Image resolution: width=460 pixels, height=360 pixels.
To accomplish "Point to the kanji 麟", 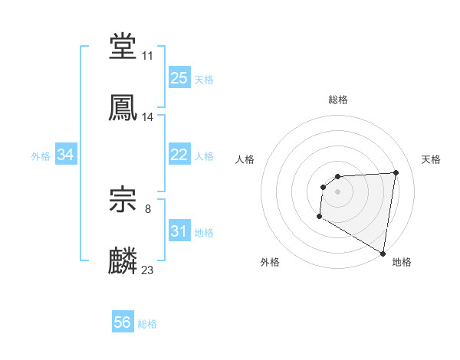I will (x=123, y=260).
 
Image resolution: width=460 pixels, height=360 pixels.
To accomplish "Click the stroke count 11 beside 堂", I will (x=148, y=56).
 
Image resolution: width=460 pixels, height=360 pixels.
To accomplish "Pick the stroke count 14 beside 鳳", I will (x=148, y=117).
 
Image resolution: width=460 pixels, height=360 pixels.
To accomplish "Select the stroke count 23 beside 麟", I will (x=148, y=270).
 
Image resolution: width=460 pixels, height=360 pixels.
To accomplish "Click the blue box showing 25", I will (x=179, y=78).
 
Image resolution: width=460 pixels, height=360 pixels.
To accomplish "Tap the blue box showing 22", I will (x=179, y=155).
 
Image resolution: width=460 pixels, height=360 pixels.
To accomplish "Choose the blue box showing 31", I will (x=179, y=231).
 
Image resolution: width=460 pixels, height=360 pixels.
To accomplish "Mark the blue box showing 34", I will (x=66, y=155).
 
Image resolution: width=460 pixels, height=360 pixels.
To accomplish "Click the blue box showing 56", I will (x=123, y=322).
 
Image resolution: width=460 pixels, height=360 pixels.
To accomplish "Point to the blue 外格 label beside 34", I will (x=41, y=155).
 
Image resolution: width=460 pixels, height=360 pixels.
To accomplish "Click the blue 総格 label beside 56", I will (x=147, y=323).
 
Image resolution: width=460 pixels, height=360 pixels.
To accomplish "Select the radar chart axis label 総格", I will (x=338, y=100).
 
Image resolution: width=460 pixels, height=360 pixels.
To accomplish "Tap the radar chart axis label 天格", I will (x=432, y=159).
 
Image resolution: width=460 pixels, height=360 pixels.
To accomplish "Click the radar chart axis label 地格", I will (x=402, y=262).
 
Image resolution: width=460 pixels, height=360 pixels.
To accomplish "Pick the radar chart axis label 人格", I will (x=245, y=159).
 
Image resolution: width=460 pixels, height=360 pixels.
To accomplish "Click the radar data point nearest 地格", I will (x=383, y=253).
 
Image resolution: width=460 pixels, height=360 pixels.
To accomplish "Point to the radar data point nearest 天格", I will (x=396, y=172).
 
